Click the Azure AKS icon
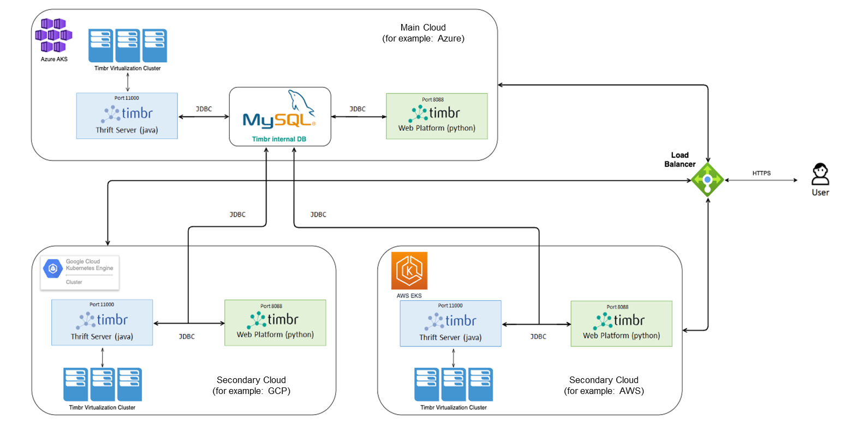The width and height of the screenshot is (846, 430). click(53, 36)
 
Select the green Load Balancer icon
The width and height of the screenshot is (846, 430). click(707, 180)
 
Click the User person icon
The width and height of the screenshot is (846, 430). click(820, 175)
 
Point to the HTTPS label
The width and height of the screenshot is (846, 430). click(761, 173)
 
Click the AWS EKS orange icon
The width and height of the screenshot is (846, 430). click(409, 271)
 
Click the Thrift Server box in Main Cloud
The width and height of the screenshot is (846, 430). click(127, 116)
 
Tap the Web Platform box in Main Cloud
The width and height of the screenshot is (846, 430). click(437, 116)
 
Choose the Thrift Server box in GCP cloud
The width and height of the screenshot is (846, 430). click(102, 322)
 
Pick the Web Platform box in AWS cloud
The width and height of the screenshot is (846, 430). click(621, 324)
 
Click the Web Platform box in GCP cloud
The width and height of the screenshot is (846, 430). click(275, 322)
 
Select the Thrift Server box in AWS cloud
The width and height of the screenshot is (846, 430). click(450, 324)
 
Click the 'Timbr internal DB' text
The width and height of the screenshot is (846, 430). click(279, 139)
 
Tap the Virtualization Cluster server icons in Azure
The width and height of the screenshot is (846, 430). click(128, 46)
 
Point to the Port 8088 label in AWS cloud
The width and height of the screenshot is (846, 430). click(617, 307)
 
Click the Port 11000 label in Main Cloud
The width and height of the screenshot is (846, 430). click(127, 98)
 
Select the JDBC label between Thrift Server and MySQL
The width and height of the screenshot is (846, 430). click(204, 109)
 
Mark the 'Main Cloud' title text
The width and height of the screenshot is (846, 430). click(423, 27)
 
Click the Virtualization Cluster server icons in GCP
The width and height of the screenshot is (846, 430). click(103, 385)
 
